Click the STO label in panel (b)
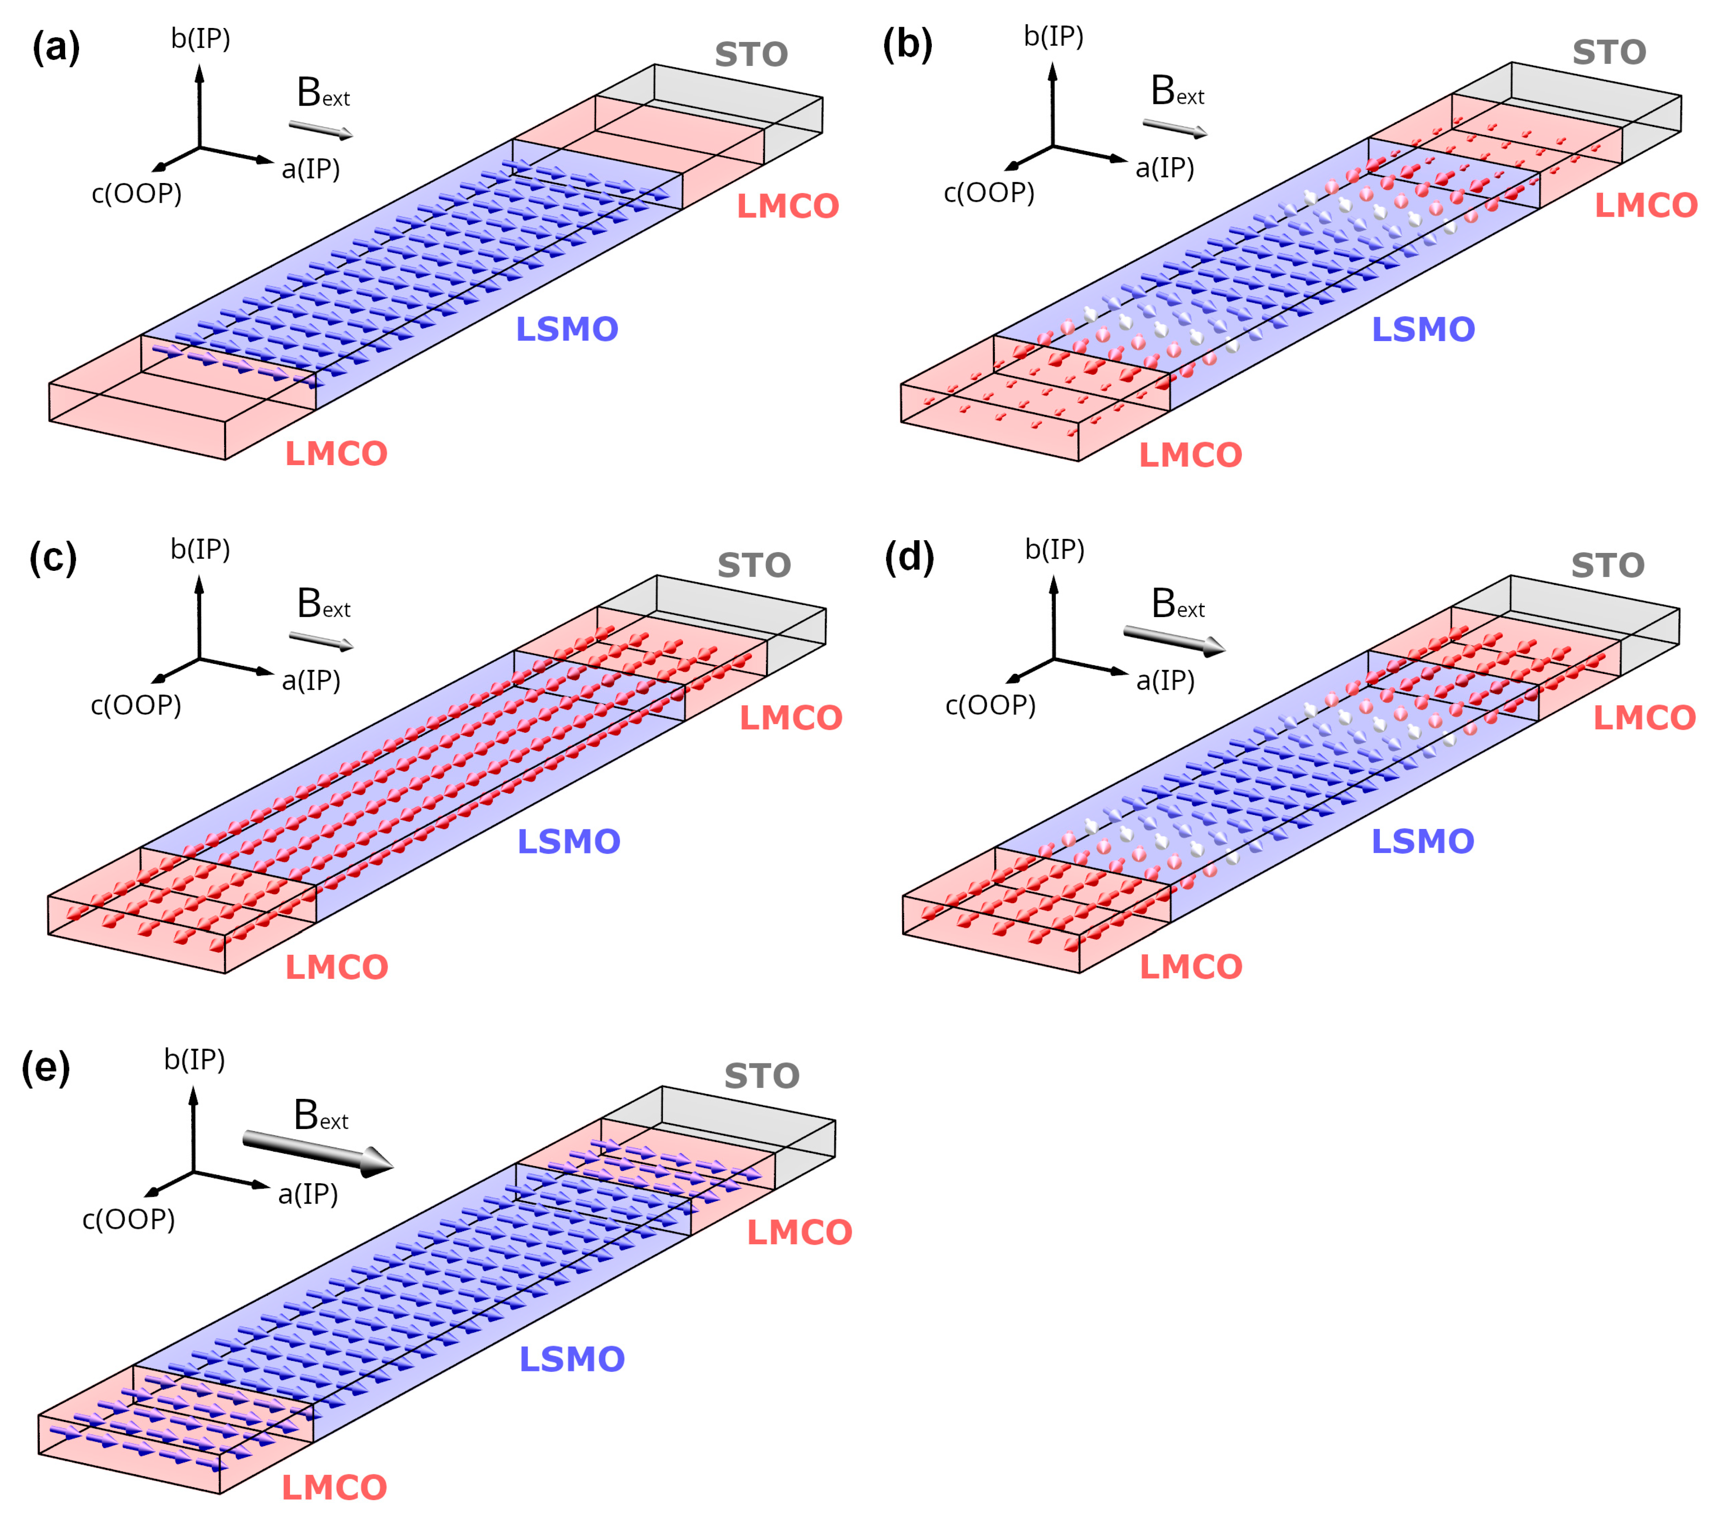[1609, 52]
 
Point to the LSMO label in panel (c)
[569, 841]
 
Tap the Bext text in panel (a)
[323, 93]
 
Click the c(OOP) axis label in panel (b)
[989, 193]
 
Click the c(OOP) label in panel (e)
[128, 1219]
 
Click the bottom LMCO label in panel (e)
[334, 1487]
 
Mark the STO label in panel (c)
[754, 566]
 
